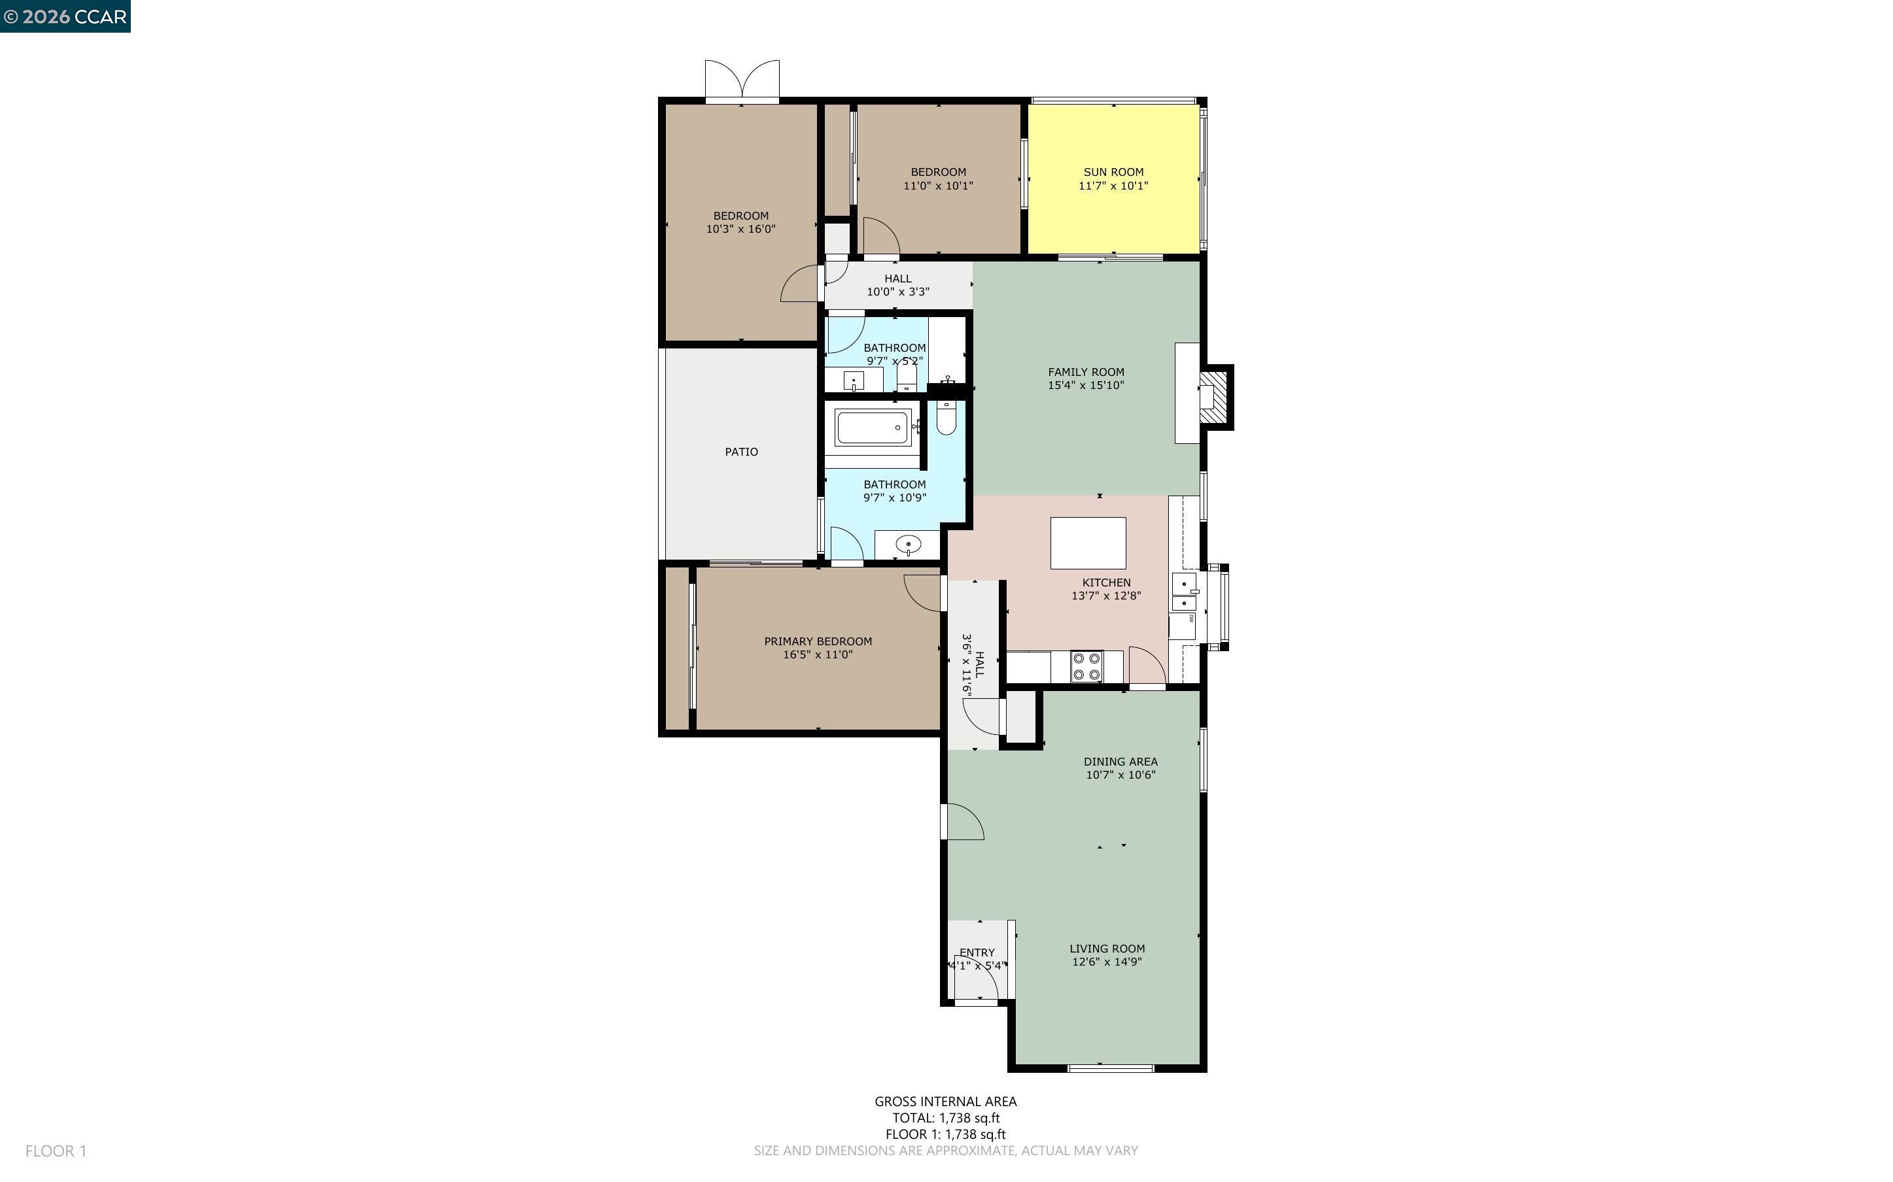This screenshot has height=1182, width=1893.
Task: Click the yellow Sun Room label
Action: click(1113, 172)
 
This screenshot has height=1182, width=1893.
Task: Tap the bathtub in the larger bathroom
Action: click(872, 428)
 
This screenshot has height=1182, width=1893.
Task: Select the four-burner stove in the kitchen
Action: click(1086, 667)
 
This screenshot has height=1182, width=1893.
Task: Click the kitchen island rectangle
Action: click(1088, 543)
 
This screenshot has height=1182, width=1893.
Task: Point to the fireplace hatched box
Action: click(1214, 397)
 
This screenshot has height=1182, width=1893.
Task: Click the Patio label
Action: click(740, 452)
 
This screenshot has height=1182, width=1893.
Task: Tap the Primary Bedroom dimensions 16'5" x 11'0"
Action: click(817, 655)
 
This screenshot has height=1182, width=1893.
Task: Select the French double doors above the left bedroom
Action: click(742, 80)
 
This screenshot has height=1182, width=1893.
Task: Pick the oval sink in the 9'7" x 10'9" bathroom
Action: click(908, 544)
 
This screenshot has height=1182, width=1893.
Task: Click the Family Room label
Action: click(1085, 372)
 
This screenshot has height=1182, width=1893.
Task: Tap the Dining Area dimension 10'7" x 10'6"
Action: click(1120, 775)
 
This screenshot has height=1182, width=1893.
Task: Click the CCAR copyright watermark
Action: click(65, 16)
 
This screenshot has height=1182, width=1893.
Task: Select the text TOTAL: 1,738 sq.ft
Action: click(945, 1118)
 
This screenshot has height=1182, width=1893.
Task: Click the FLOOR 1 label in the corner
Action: click(56, 1151)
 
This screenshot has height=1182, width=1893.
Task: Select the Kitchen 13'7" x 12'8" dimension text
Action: click(1105, 596)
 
